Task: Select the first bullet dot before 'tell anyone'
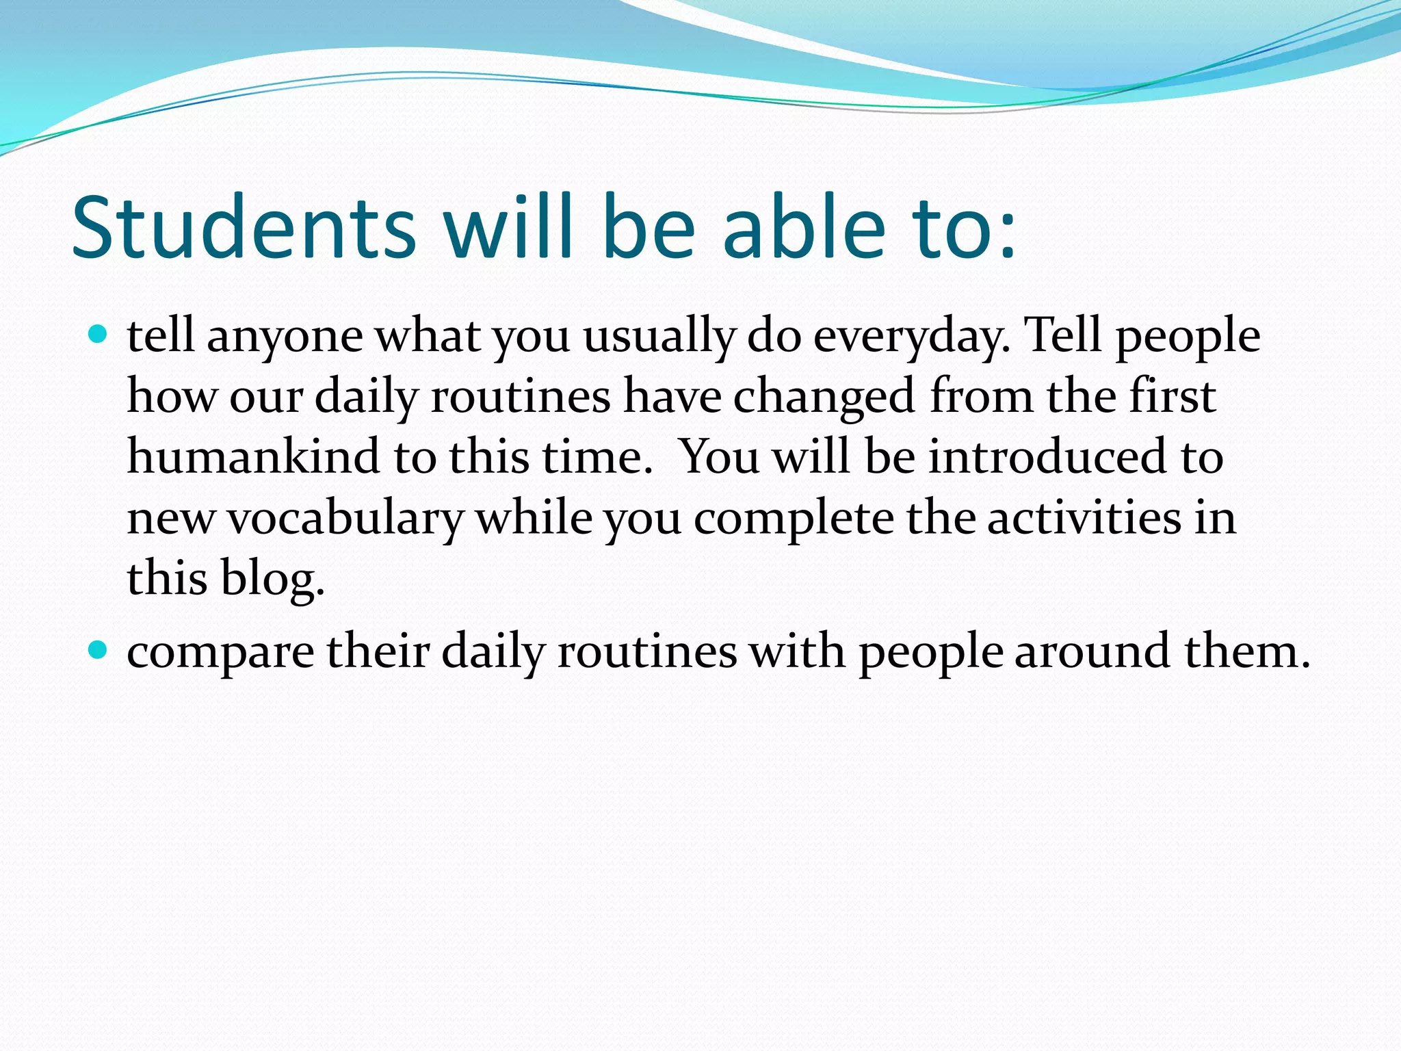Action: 99,335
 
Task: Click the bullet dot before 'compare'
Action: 99,649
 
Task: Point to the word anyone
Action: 285,337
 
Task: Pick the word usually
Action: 658,337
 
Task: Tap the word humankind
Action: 253,457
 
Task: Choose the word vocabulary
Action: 345,519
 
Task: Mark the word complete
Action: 794,519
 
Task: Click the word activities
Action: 1084,517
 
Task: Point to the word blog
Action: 272,579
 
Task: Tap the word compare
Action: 220,651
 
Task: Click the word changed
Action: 824,397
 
